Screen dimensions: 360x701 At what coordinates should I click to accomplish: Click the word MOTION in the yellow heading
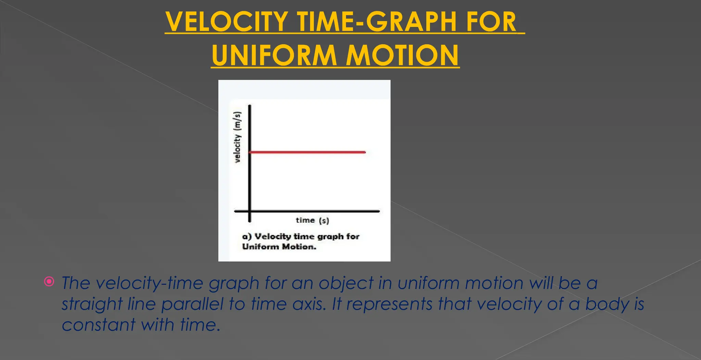[402, 55]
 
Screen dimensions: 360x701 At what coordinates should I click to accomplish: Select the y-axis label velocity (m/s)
[237, 137]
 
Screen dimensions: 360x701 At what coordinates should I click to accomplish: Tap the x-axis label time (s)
[312, 220]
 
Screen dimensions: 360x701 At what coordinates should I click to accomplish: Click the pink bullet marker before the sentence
[49, 282]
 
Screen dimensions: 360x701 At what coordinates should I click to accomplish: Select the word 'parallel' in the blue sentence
[192, 304]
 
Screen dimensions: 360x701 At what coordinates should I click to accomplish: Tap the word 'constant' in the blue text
[99, 325]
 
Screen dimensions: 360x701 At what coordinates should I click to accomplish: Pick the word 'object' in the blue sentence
[346, 284]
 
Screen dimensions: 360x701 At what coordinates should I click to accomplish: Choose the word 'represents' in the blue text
[390, 304]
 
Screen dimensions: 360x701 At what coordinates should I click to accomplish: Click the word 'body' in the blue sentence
[607, 304]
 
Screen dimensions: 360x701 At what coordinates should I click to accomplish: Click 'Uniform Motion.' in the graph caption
[279, 247]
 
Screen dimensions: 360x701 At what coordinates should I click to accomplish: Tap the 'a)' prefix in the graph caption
[247, 236]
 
